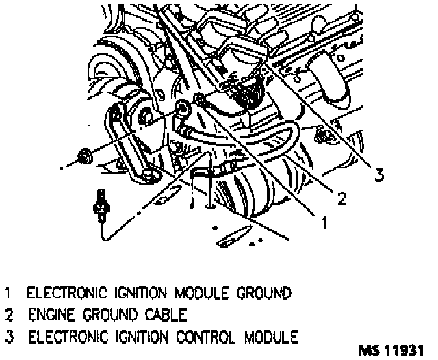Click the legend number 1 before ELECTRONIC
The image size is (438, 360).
(x=8, y=294)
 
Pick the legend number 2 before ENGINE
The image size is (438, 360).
(x=8, y=316)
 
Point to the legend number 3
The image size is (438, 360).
(x=8, y=337)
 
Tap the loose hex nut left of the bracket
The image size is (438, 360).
(x=86, y=157)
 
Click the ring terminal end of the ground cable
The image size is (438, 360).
(x=183, y=106)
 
